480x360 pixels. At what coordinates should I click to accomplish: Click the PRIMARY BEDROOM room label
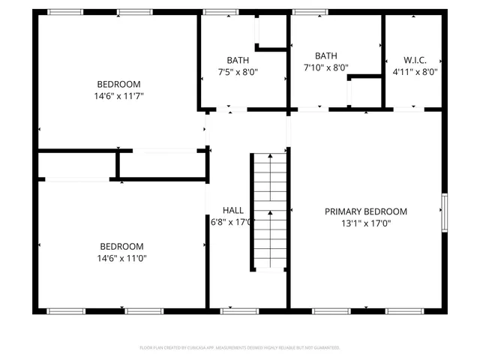[365, 211]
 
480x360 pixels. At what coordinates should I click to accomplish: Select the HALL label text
[232, 210]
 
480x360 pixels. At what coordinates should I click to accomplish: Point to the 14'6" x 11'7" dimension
[118, 96]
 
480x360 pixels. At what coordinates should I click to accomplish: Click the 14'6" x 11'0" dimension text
[122, 258]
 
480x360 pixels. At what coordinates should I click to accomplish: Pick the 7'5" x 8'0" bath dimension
[237, 72]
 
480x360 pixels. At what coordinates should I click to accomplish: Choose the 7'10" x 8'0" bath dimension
[326, 67]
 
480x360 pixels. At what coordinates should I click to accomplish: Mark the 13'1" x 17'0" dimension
[365, 223]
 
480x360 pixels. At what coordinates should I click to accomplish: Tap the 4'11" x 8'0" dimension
[415, 72]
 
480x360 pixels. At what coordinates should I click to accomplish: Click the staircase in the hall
[268, 211]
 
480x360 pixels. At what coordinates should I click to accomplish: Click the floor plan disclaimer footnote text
[240, 348]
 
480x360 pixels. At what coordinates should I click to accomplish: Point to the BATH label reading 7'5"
[238, 60]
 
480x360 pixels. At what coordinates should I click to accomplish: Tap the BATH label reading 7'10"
[326, 55]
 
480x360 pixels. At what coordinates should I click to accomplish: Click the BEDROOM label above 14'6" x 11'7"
[118, 84]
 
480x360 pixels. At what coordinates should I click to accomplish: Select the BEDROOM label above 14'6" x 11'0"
[122, 246]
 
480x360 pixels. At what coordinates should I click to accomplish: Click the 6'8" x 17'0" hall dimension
[232, 222]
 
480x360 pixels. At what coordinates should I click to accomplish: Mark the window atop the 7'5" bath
[217, 12]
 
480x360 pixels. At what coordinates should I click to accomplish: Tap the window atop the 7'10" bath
[304, 12]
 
